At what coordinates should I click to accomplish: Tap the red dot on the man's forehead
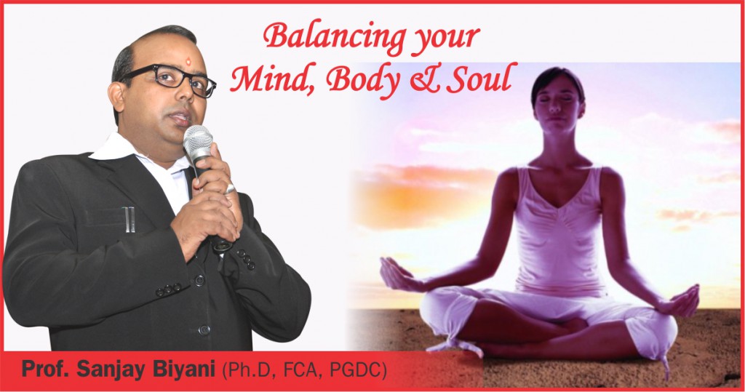coord(188,60)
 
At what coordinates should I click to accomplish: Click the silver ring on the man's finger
coord(230,189)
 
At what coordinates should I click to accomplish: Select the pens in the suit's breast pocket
coord(129,220)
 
